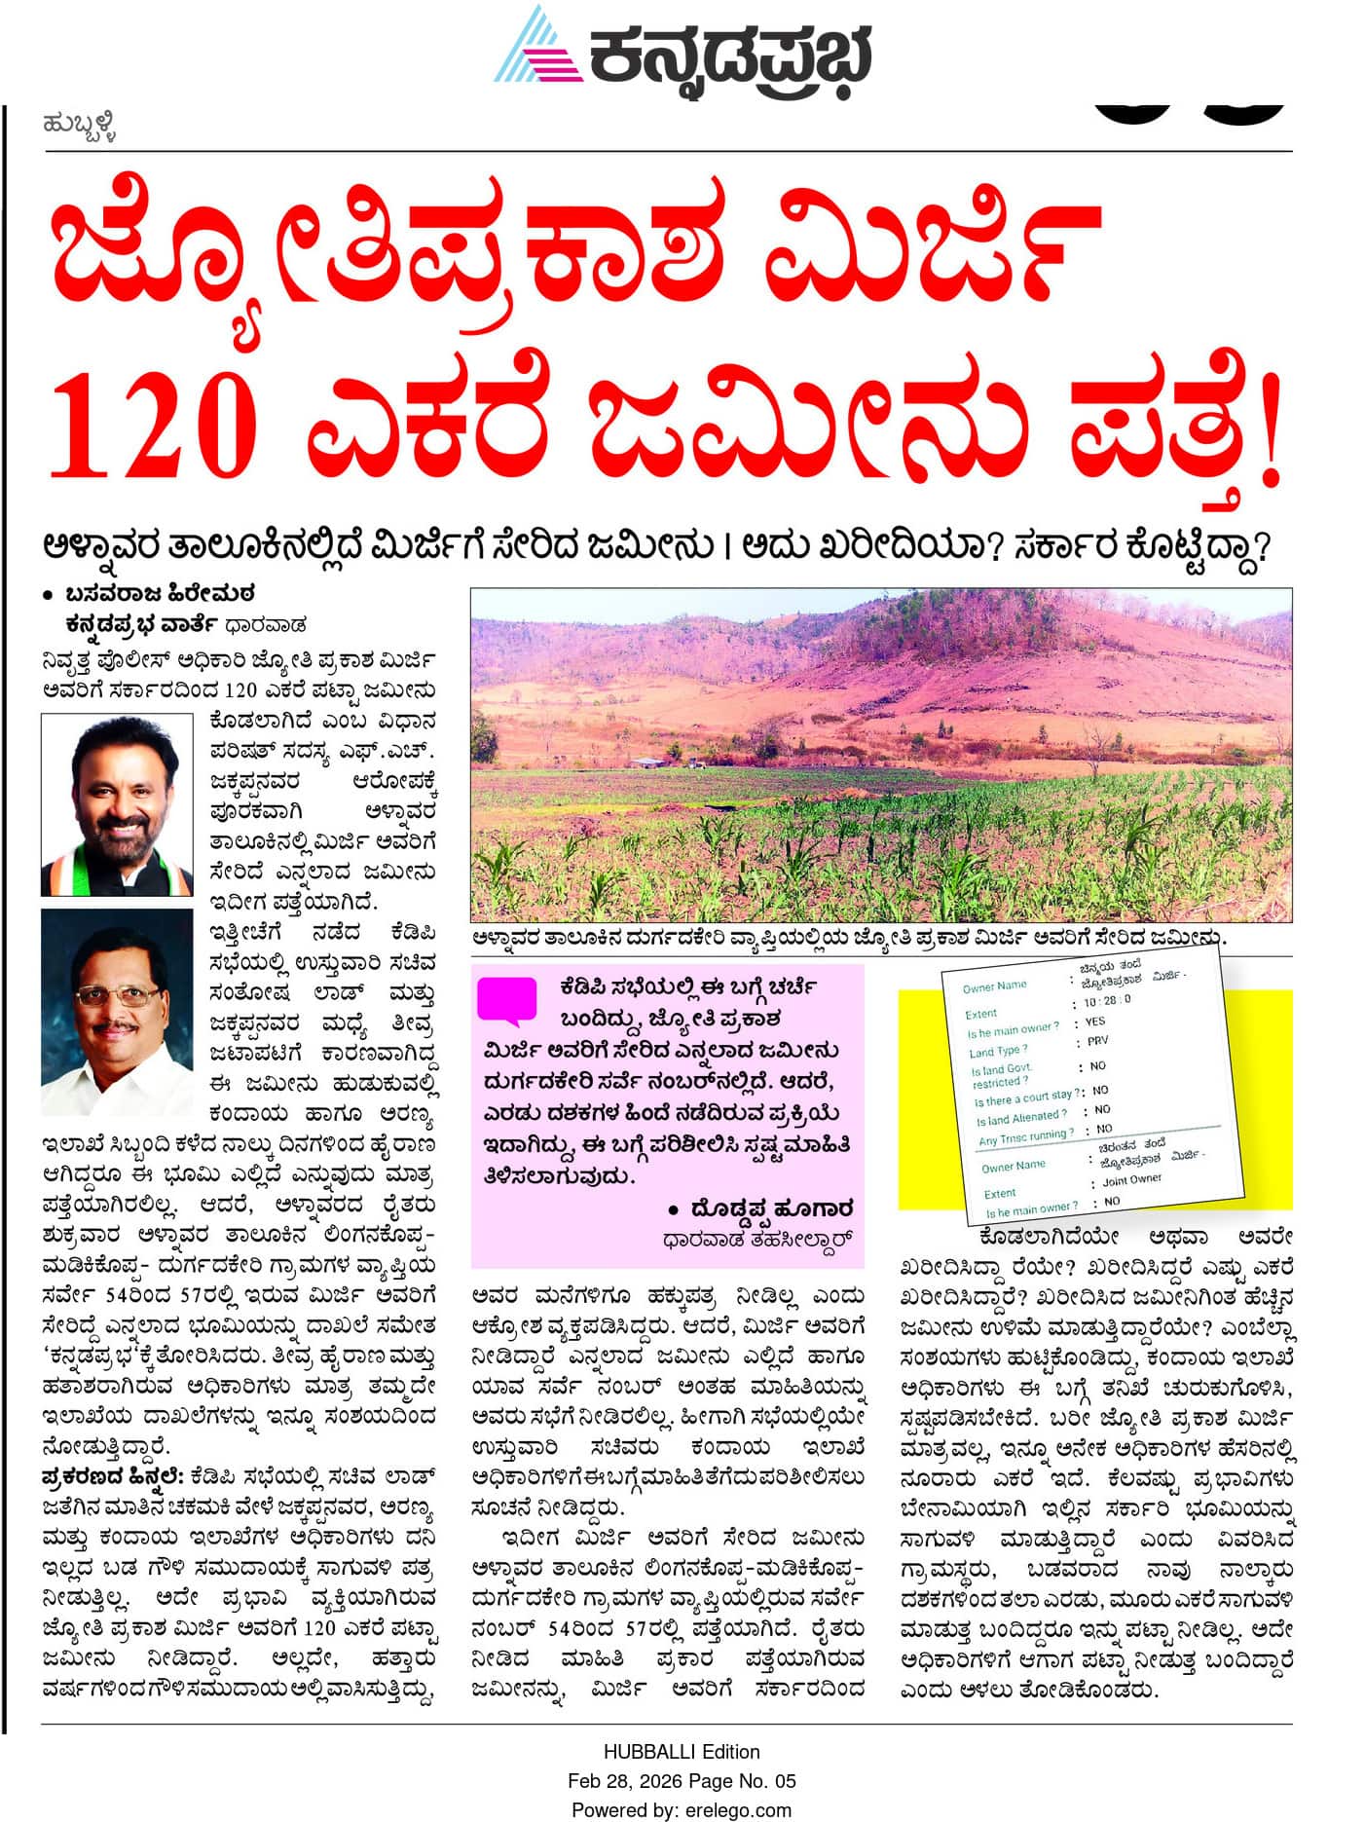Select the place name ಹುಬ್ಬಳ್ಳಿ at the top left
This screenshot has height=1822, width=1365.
tap(80, 126)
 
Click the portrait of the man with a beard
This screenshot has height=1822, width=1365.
tap(117, 804)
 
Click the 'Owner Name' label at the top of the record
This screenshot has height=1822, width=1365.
tap(994, 986)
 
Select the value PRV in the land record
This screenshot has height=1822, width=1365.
tap(1097, 1041)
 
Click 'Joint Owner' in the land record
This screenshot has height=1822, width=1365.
tap(1132, 1179)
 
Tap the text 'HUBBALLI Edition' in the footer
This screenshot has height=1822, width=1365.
tap(681, 1752)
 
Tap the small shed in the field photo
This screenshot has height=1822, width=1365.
tap(645, 762)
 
